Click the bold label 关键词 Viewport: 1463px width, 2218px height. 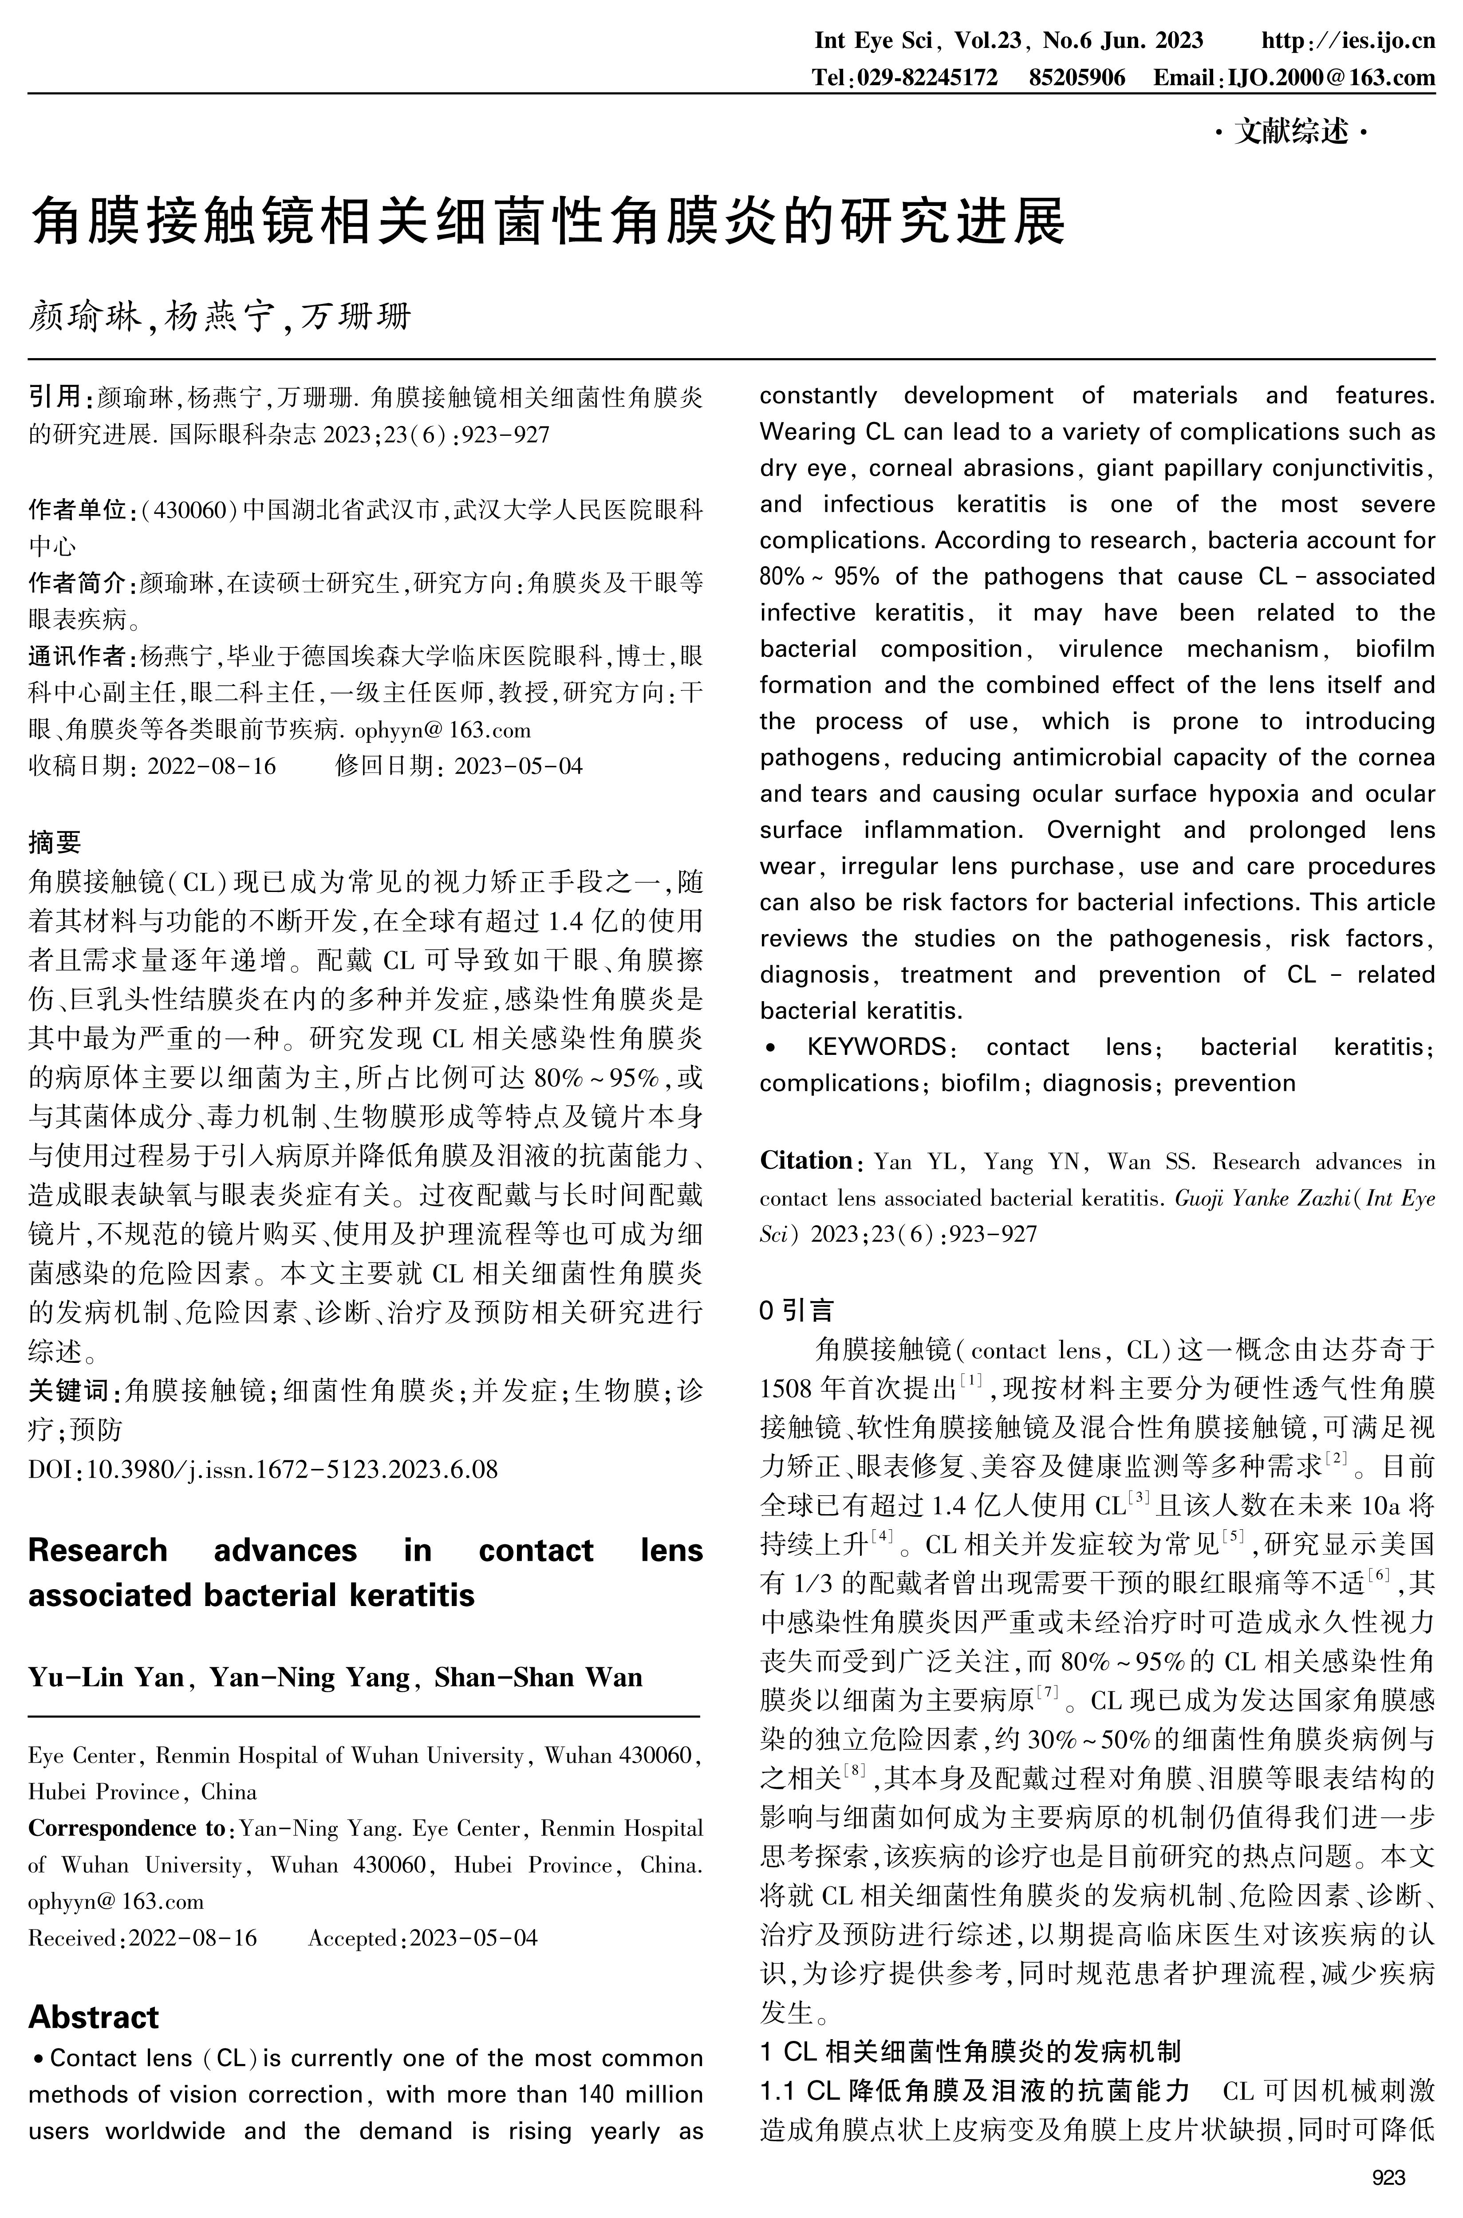click(70, 1391)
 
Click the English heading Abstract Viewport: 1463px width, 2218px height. click(93, 2017)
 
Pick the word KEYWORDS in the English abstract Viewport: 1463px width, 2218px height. click(877, 1047)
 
